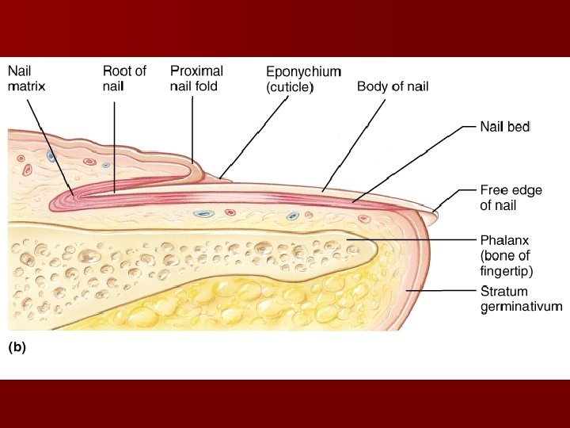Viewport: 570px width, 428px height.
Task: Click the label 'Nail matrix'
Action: click(x=26, y=78)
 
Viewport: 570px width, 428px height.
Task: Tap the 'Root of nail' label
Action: click(x=124, y=78)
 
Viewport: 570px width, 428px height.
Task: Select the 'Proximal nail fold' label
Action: click(x=196, y=78)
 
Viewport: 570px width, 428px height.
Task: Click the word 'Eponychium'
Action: click(x=303, y=71)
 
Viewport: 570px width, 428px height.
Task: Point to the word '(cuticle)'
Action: click(x=290, y=87)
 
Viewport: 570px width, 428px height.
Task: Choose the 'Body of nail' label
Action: click(x=393, y=86)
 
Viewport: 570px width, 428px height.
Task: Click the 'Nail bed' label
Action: click(x=505, y=126)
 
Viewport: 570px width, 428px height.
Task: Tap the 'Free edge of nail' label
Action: click(x=511, y=197)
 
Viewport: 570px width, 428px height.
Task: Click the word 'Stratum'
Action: click(x=504, y=291)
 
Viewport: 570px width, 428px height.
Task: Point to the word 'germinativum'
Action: click(x=521, y=307)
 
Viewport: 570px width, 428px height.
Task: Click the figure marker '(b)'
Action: click(x=17, y=346)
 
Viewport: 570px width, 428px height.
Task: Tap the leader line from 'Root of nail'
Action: click(x=114, y=143)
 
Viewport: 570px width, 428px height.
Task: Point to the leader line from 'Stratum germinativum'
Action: click(x=443, y=291)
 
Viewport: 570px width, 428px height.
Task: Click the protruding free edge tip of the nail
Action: click(x=435, y=211)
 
